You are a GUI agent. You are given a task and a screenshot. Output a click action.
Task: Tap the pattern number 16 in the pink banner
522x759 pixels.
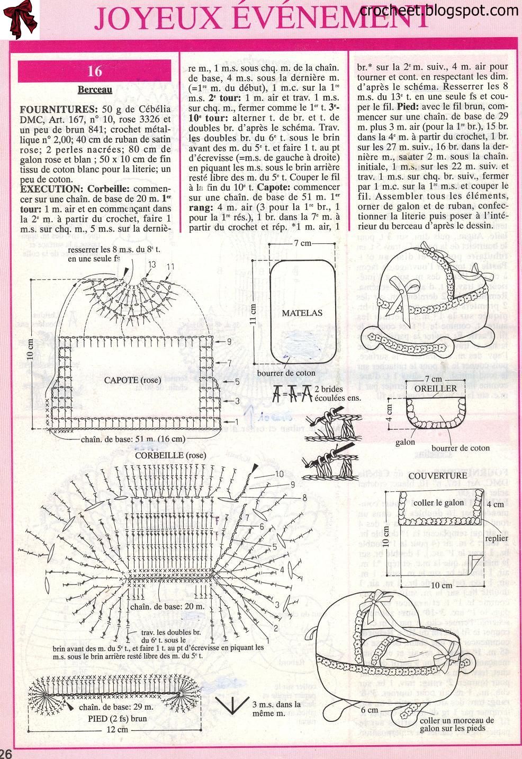coord(95,71)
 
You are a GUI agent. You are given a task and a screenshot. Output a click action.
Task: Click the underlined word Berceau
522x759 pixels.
coord(95,90)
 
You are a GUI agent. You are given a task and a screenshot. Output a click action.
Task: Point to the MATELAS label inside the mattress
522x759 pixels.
coord(302,313)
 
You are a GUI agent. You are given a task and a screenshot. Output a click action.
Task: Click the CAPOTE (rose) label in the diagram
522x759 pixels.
coord(130,380)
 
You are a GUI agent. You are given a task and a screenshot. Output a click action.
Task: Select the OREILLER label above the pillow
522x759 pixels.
coord(436,389)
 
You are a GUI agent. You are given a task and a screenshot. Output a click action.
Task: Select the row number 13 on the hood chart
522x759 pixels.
coord(152,264)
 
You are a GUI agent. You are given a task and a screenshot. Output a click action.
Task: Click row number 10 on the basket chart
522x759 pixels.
coord(279,474)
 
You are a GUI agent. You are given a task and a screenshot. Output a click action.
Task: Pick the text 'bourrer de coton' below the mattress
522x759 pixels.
coord(286,373)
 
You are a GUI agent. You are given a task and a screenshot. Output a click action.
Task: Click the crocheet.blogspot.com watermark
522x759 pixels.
coord(439,10)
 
